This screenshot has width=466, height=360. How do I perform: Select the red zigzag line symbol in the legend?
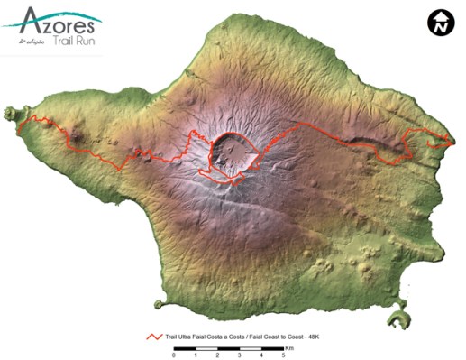[155, 335]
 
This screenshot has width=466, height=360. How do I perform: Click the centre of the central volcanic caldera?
[233, 153]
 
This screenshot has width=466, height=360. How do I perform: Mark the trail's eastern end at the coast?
[451, 142]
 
